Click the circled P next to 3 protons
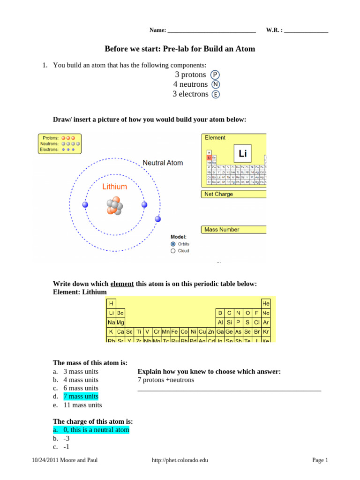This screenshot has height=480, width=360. pyautogui.click(x=215, y=75)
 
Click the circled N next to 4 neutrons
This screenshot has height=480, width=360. pyautogui.click(x=215, y=84)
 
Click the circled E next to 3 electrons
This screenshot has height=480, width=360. pyautogui.click(x=215, y=94)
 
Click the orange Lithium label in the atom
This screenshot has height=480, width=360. pyautogui.click(x=114, y=187)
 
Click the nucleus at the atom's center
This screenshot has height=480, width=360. pyautogui.click(x=114, y=206)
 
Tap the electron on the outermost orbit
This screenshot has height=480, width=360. pyautogui.click(x=158, y=219)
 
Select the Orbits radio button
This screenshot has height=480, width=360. pyautogui.click(x=173, y=244)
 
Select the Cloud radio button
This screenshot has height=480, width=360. pyautogui.click(x=173, y=251)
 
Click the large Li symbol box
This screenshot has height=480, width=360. pyautogui.click(x=242, y=154)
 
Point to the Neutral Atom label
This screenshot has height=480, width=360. pyautogui.click(x=163, y=163)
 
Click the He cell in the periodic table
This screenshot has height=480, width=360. pyautogui.click(x=266, y=303)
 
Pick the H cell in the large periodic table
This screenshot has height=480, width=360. pyautogui.click(x=111, y=303)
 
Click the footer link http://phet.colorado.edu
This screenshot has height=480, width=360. pyautogui.click(x=180, y=461)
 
